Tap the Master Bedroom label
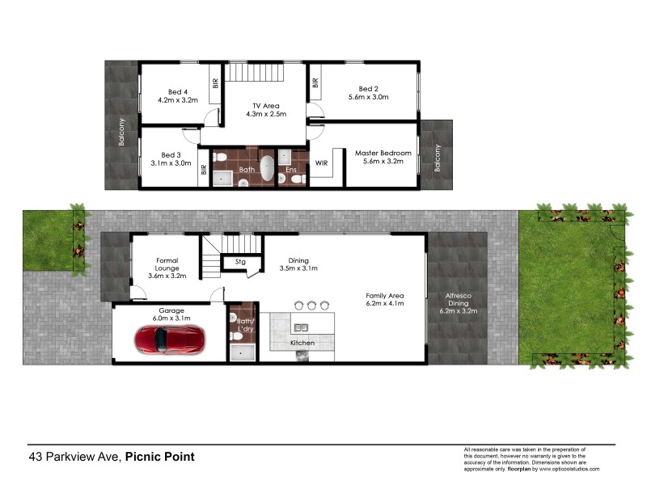point(383,153)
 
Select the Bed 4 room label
point(178,91)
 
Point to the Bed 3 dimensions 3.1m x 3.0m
point(171,163)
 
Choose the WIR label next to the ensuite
point(321,162)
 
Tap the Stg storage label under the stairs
point(240,262)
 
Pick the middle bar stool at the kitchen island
point(311,305)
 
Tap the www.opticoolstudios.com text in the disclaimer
point(565,469)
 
